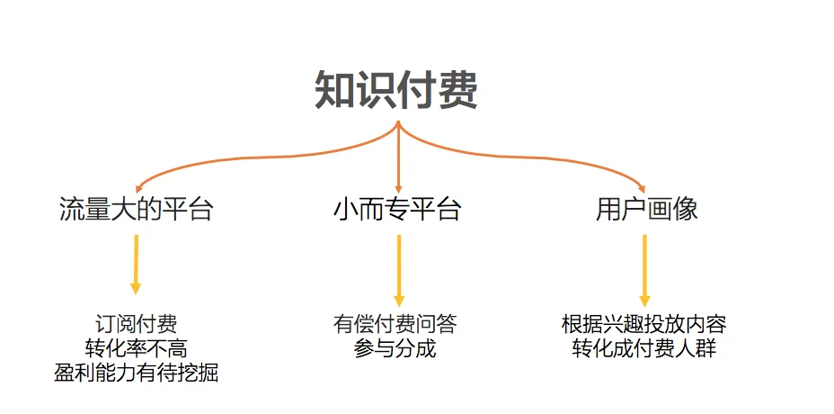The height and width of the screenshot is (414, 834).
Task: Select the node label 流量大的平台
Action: click(x=136, y=210)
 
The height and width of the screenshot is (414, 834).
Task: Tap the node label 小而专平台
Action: click(x=397, y=210)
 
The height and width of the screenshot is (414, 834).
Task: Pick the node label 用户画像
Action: click(x=646, y=210)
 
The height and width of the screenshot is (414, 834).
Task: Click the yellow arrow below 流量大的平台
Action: click(x=136, y=264)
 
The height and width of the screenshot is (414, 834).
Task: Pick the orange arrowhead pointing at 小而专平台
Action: click(x=398, y=186)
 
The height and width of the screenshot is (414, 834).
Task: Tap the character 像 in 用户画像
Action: click(x=685, y=210)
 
